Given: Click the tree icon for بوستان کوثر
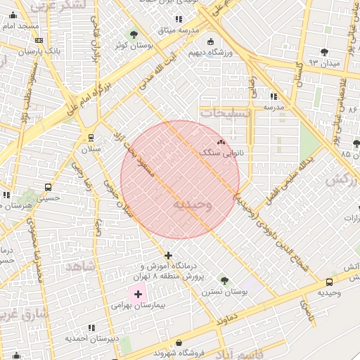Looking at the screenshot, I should [x=134, y=34].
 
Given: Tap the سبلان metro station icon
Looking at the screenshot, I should [x=91, y=138].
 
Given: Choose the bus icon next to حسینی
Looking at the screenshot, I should [x=48, y=188].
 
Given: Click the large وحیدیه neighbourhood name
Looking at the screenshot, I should [x=192, y=205].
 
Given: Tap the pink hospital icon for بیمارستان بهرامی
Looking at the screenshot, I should [x=138, y=292].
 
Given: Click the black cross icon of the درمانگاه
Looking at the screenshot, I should [x=168, y=255].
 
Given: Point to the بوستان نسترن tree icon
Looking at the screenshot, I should [x=224, y=281].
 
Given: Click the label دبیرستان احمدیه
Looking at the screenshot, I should [x=90, y=338].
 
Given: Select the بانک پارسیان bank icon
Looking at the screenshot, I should [x=38, y=40].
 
